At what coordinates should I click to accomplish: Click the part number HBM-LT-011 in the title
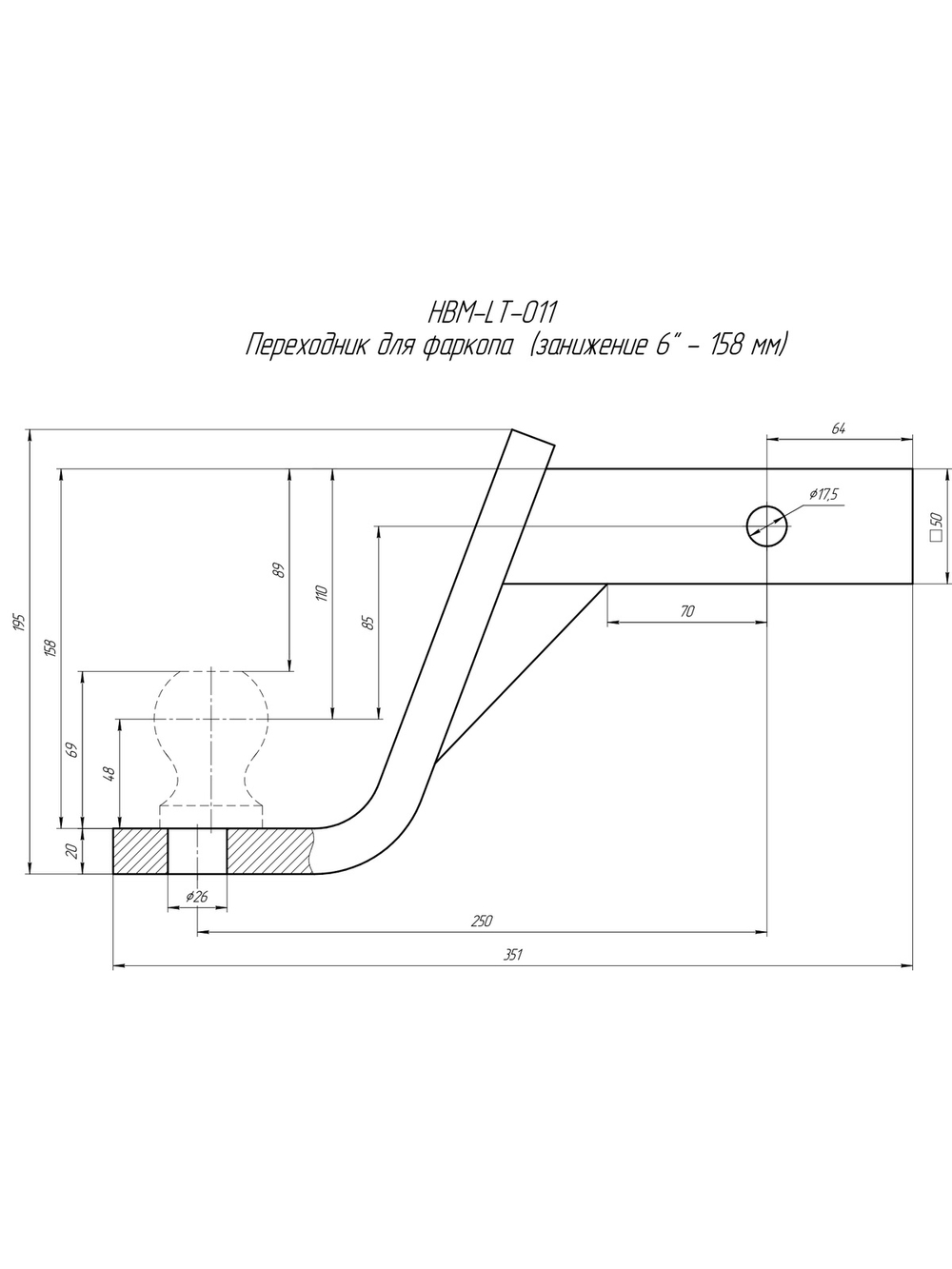(492, 314)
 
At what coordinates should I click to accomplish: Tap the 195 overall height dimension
(20, 622)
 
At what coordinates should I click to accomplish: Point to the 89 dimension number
(279, 569)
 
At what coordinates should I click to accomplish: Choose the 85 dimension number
(370, 622)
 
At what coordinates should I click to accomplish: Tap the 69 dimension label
(72, 750)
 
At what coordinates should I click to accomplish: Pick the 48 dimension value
(109, 774)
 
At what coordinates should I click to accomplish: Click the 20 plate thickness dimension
(72, 850)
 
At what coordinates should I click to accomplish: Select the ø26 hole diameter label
(196, 897)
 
